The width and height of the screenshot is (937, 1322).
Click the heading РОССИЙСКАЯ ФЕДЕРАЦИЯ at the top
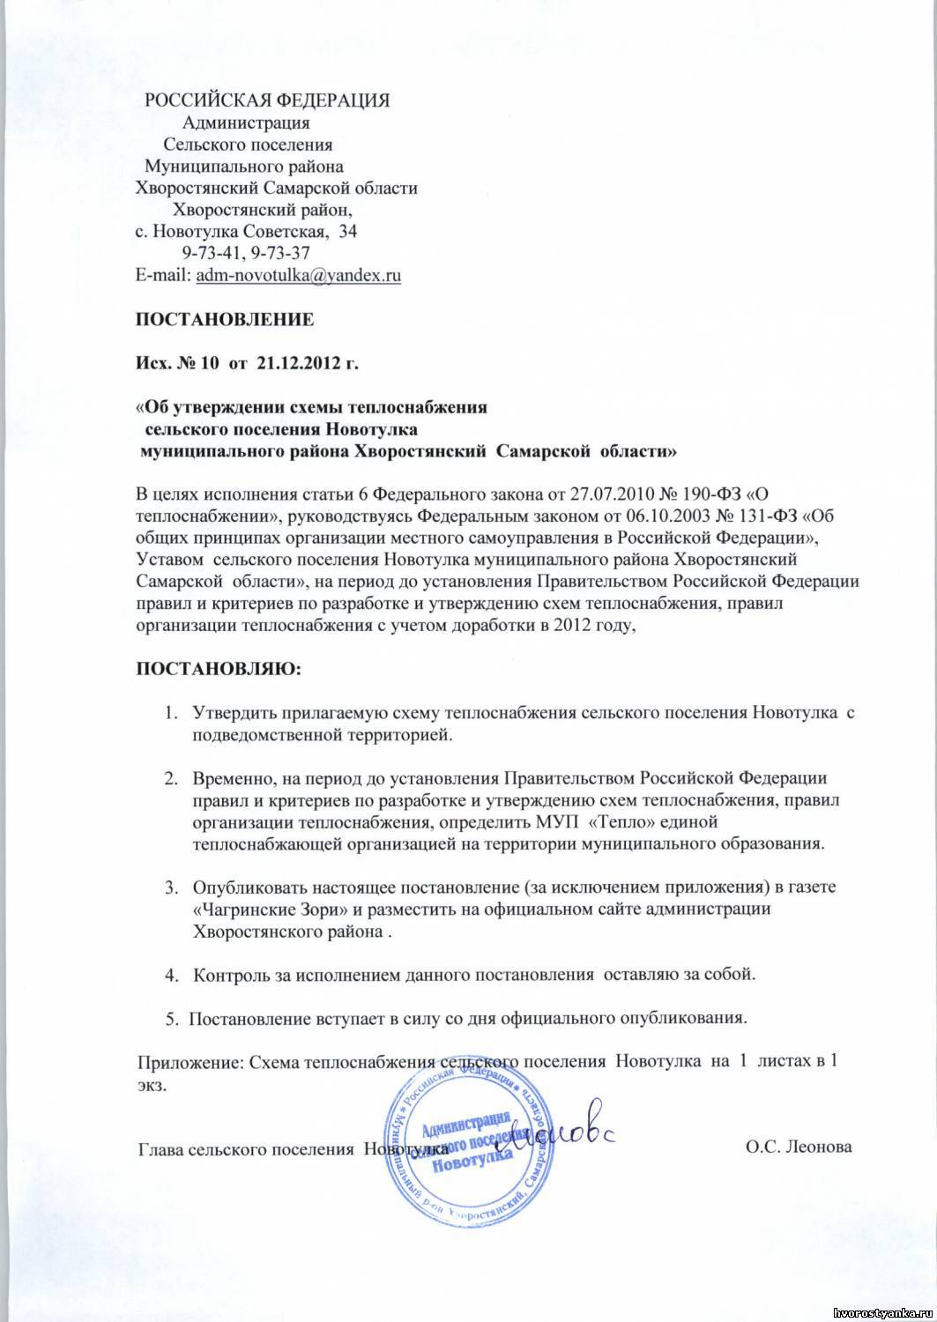point(268,98)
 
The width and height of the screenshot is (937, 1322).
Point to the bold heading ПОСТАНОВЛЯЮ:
point(217,670)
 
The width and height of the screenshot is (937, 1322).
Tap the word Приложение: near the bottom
point(189,1063)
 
